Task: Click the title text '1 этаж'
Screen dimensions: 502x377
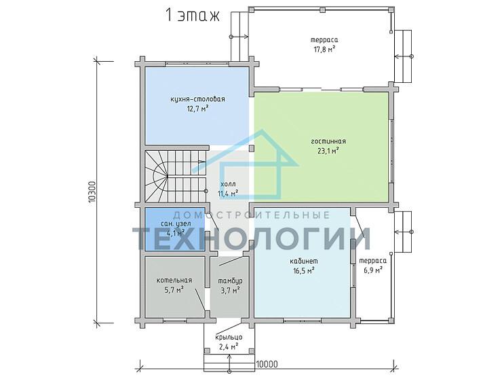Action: (x=193, y=15)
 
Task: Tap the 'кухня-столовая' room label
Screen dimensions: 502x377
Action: (x=197, y=99)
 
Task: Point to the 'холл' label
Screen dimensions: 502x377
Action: (x=228, y=184)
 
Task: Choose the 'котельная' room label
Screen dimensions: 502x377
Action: (x=174, y=280)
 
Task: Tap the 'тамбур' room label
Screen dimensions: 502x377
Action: (x=230, y=281)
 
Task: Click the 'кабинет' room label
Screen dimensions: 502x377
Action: (x=304, y=262)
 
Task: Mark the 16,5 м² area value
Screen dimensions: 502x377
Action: (x=303, y=271)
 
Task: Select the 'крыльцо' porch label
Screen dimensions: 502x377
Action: (x=229, y=338)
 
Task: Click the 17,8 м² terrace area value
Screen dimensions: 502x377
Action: (x=324, y=50)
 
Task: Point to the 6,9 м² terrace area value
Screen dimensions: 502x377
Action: (x=373, y=270)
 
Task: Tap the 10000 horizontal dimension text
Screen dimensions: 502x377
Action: (x=267, y=365)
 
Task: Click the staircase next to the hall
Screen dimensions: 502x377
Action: (x=175, y=177)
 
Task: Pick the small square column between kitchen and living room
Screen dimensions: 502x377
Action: (x=252, y=148)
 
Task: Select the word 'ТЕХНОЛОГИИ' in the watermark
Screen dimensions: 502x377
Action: (x=252, y=239)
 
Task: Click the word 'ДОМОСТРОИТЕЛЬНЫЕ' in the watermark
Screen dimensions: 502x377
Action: (x=252, y=215)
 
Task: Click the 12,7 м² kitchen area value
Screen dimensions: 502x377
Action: (x=198, y=109)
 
